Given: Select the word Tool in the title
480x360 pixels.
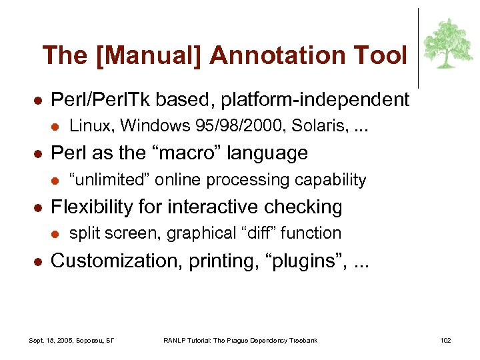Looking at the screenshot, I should tap(384, 55).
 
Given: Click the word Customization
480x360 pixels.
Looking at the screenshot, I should tap(111, 261).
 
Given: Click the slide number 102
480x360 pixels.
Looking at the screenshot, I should tap(445, 341).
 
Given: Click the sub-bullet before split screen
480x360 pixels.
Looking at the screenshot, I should tap(55, 233).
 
